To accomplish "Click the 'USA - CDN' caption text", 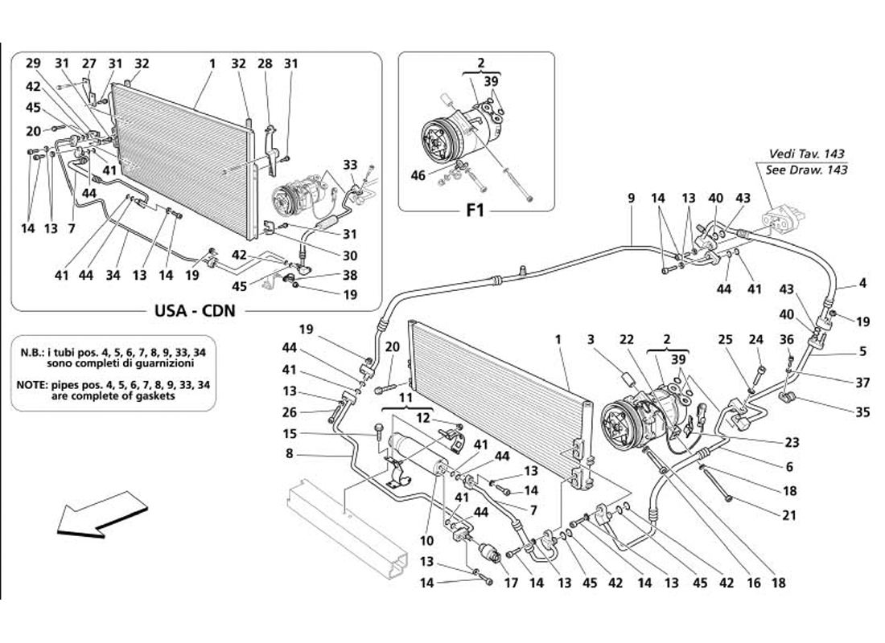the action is point(195,311).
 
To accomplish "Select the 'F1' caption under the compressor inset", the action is point(475,211).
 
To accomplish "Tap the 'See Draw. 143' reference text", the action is point(806,170).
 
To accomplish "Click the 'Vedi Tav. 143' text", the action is point(806,154).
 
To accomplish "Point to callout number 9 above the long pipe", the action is point(631,198).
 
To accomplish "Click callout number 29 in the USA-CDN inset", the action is point(33,63).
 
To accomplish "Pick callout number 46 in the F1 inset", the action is point(418,176).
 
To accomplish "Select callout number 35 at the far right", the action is point(862,412).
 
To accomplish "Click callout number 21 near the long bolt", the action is point(789,515).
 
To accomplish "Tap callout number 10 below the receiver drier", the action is point(426,540).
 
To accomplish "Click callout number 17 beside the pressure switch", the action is point(511,583).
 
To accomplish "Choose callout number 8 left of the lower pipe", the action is point(290,453).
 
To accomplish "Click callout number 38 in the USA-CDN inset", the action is point(350,275).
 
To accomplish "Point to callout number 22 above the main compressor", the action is point(627,339).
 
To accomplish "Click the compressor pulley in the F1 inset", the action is point(440,140).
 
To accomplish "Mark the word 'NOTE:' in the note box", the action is point(32,384).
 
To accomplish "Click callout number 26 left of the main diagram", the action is point(290,412).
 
